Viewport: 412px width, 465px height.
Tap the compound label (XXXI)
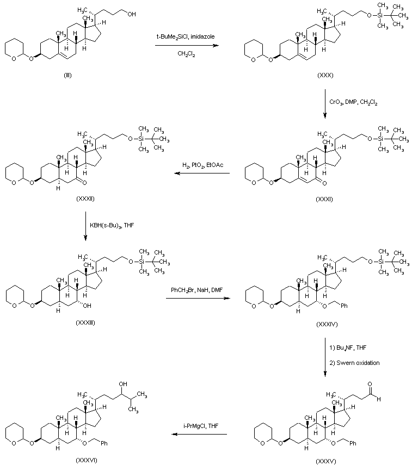pos(324,200)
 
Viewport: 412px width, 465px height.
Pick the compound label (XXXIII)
pos(86,323)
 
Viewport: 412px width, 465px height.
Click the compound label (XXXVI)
pos(87,460)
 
